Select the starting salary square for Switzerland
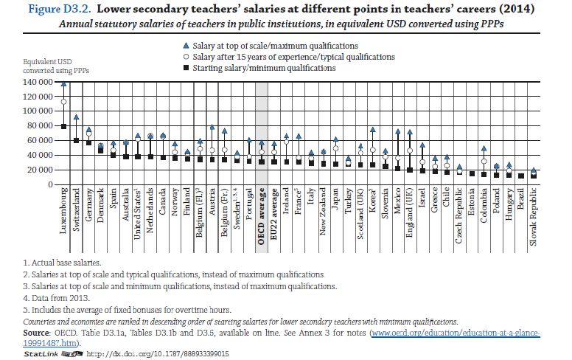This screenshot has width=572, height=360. [77, 140]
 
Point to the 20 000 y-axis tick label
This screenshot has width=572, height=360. [38, 170]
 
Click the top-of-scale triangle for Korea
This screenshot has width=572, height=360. [373, 129]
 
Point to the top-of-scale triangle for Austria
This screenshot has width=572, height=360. [212, 128]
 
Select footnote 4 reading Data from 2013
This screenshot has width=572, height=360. [58, 297]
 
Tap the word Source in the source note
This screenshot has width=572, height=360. [38, 334]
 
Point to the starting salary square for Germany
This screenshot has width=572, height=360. [89, 142]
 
